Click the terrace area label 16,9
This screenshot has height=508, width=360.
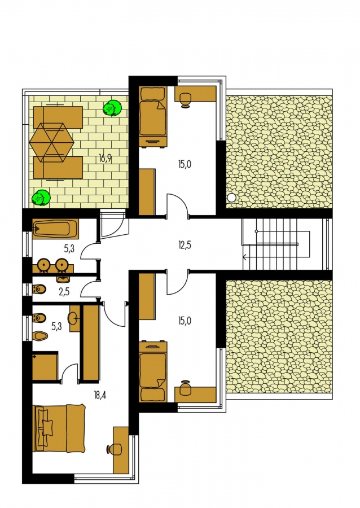point(106,159)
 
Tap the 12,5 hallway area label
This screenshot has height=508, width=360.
point(185,246)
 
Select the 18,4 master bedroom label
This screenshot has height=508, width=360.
point(100,395)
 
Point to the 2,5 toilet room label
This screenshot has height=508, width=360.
point(64,292)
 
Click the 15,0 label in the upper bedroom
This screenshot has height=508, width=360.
point(185,164)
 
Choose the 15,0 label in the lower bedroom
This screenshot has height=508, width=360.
point(185,321)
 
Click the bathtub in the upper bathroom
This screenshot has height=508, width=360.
point(55,229)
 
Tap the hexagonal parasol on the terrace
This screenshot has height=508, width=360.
point(51,143)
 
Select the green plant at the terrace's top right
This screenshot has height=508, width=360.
point(112,108)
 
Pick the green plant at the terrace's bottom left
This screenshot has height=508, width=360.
point(41,198)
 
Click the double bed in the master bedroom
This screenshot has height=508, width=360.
point(59,428)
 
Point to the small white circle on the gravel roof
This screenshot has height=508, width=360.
point(232,198)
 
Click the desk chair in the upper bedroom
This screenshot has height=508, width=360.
point(185,99)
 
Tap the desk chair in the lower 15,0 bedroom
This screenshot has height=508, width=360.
point(185,388)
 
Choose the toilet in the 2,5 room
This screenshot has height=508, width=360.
point(39,288)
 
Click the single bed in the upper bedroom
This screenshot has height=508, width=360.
point(153,116)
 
